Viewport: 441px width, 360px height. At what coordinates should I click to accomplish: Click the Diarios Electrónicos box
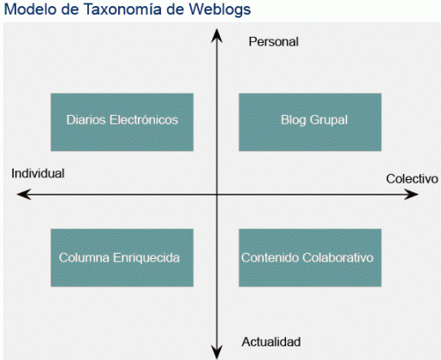[122, 122]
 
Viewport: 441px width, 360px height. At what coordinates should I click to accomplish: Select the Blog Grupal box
[310, 122]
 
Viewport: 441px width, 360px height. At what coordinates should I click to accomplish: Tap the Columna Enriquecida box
[122, 257]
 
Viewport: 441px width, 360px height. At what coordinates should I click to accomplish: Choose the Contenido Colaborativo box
[310, 257]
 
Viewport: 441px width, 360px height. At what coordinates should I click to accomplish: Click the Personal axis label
[273, 42]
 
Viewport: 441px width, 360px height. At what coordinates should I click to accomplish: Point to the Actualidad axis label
[271, 342]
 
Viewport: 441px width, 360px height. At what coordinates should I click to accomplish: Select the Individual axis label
[38, 173]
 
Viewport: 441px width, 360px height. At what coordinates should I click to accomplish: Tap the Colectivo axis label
[412, 179]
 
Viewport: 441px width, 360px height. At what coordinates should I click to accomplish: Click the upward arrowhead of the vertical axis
[217, 35]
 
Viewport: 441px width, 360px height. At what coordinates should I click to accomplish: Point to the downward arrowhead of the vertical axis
[217, 351]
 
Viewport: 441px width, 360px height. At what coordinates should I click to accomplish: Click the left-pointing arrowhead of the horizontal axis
[24, 195]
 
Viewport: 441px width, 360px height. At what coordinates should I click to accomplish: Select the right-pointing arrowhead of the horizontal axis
[411, 195]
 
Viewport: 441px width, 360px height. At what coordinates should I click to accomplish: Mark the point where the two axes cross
[217, 195]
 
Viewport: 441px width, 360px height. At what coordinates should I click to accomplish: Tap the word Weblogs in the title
[220, 9]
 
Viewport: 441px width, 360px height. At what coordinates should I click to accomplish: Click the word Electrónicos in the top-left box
[144, 120]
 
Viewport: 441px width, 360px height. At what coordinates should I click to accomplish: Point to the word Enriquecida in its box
[146, 258]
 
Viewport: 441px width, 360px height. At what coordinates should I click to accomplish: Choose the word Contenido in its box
[271, 258]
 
